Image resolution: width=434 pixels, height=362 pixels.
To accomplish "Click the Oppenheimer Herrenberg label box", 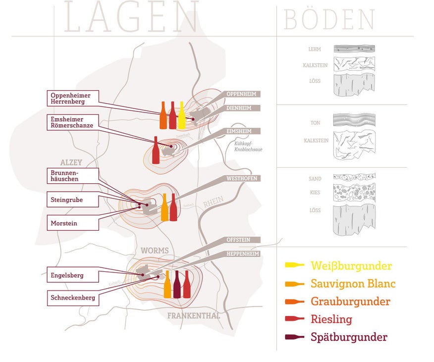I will (74, 98).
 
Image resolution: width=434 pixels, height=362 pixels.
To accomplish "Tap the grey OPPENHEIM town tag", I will (241, 94).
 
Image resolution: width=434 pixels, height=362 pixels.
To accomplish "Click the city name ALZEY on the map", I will (71, 162).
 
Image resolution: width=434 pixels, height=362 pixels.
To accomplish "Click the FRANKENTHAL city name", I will (194, 315).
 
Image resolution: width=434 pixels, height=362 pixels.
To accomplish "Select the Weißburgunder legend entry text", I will (351, 265).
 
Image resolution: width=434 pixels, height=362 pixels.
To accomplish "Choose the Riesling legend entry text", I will (331, 319).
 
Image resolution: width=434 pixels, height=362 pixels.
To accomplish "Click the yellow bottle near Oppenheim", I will (182, 115).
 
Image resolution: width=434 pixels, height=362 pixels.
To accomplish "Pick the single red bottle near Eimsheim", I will (156, 150).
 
